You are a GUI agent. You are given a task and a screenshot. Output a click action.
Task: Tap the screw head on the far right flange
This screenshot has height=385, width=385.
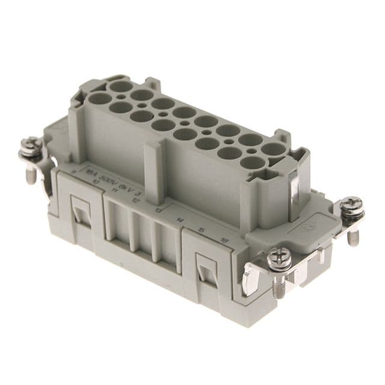351,205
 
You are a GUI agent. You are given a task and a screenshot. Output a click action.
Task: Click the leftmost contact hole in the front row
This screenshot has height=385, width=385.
100,98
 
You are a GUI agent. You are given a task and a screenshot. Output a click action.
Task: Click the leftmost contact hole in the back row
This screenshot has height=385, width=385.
121,85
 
